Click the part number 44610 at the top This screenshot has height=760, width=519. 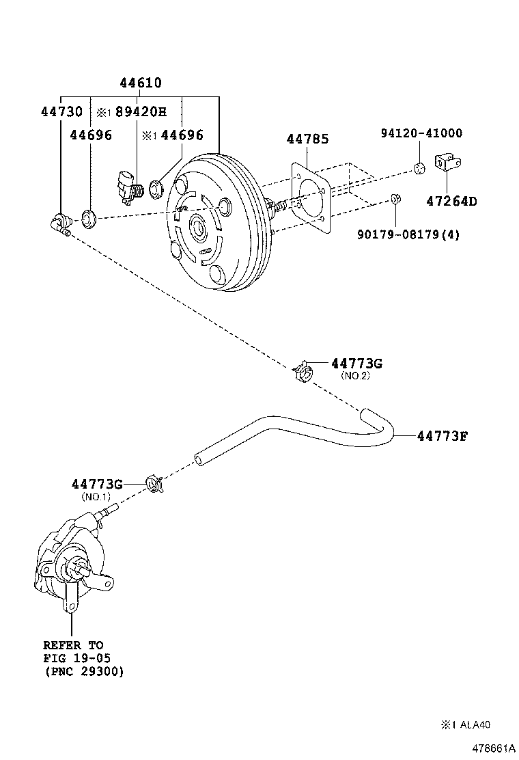(x=141, y=83)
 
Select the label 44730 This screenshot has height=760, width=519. (x=61, y=112)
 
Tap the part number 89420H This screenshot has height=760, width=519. (x=141, y=112)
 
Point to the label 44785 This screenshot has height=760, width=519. (x=307, y=139)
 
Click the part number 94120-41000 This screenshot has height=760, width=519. (x=421, y=133)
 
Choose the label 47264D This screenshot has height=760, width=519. (x=451, y=201)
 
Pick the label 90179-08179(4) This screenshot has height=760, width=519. (x=408, y=234)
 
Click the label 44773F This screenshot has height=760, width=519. (x=442, y=435)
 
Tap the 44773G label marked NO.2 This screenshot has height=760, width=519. (x=356, y=364)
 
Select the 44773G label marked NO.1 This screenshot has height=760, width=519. (x=96, y=484)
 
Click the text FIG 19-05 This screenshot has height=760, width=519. (x=76, y=658)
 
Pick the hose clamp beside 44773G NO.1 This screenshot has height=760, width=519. (x=156, y=484)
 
